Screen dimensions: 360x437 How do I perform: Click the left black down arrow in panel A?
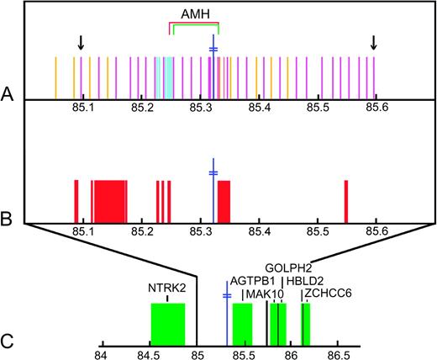tap(81, 42)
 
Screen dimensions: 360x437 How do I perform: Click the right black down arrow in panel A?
tap(374, 42)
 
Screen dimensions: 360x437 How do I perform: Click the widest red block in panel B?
tap(110, 201)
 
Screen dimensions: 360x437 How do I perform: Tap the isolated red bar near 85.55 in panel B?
tap(345, 201)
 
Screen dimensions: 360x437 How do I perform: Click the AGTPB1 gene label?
tap(253, 281)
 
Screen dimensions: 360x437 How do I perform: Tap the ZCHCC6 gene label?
tap(329, 293)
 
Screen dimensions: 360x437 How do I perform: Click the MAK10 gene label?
tap(265, 294)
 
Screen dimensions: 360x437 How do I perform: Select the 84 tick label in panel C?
tap(102, 354)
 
